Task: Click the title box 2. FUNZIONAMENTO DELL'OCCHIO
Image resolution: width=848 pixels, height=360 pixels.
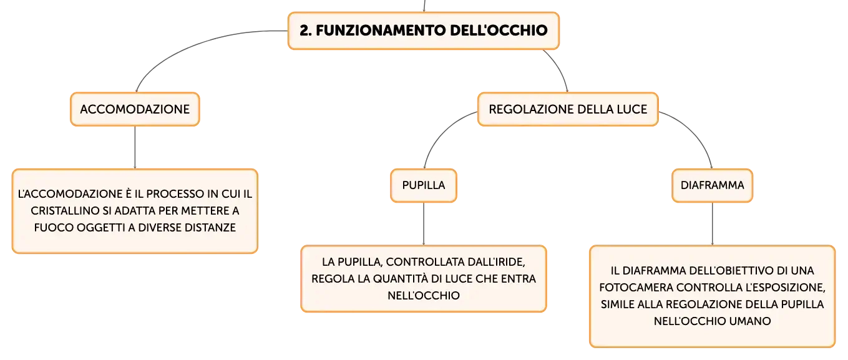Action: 424,31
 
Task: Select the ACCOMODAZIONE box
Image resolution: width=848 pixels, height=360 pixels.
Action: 135,109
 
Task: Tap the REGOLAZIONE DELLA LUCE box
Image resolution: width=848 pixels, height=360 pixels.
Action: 568,109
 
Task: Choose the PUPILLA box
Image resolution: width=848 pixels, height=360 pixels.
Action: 424,185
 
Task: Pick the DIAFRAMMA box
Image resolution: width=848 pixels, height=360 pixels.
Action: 712,185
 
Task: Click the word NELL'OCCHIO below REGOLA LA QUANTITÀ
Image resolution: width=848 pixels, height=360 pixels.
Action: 424,296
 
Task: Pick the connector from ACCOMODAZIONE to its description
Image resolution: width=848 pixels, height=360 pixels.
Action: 135,147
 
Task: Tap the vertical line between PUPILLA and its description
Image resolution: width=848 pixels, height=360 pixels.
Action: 424,224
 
